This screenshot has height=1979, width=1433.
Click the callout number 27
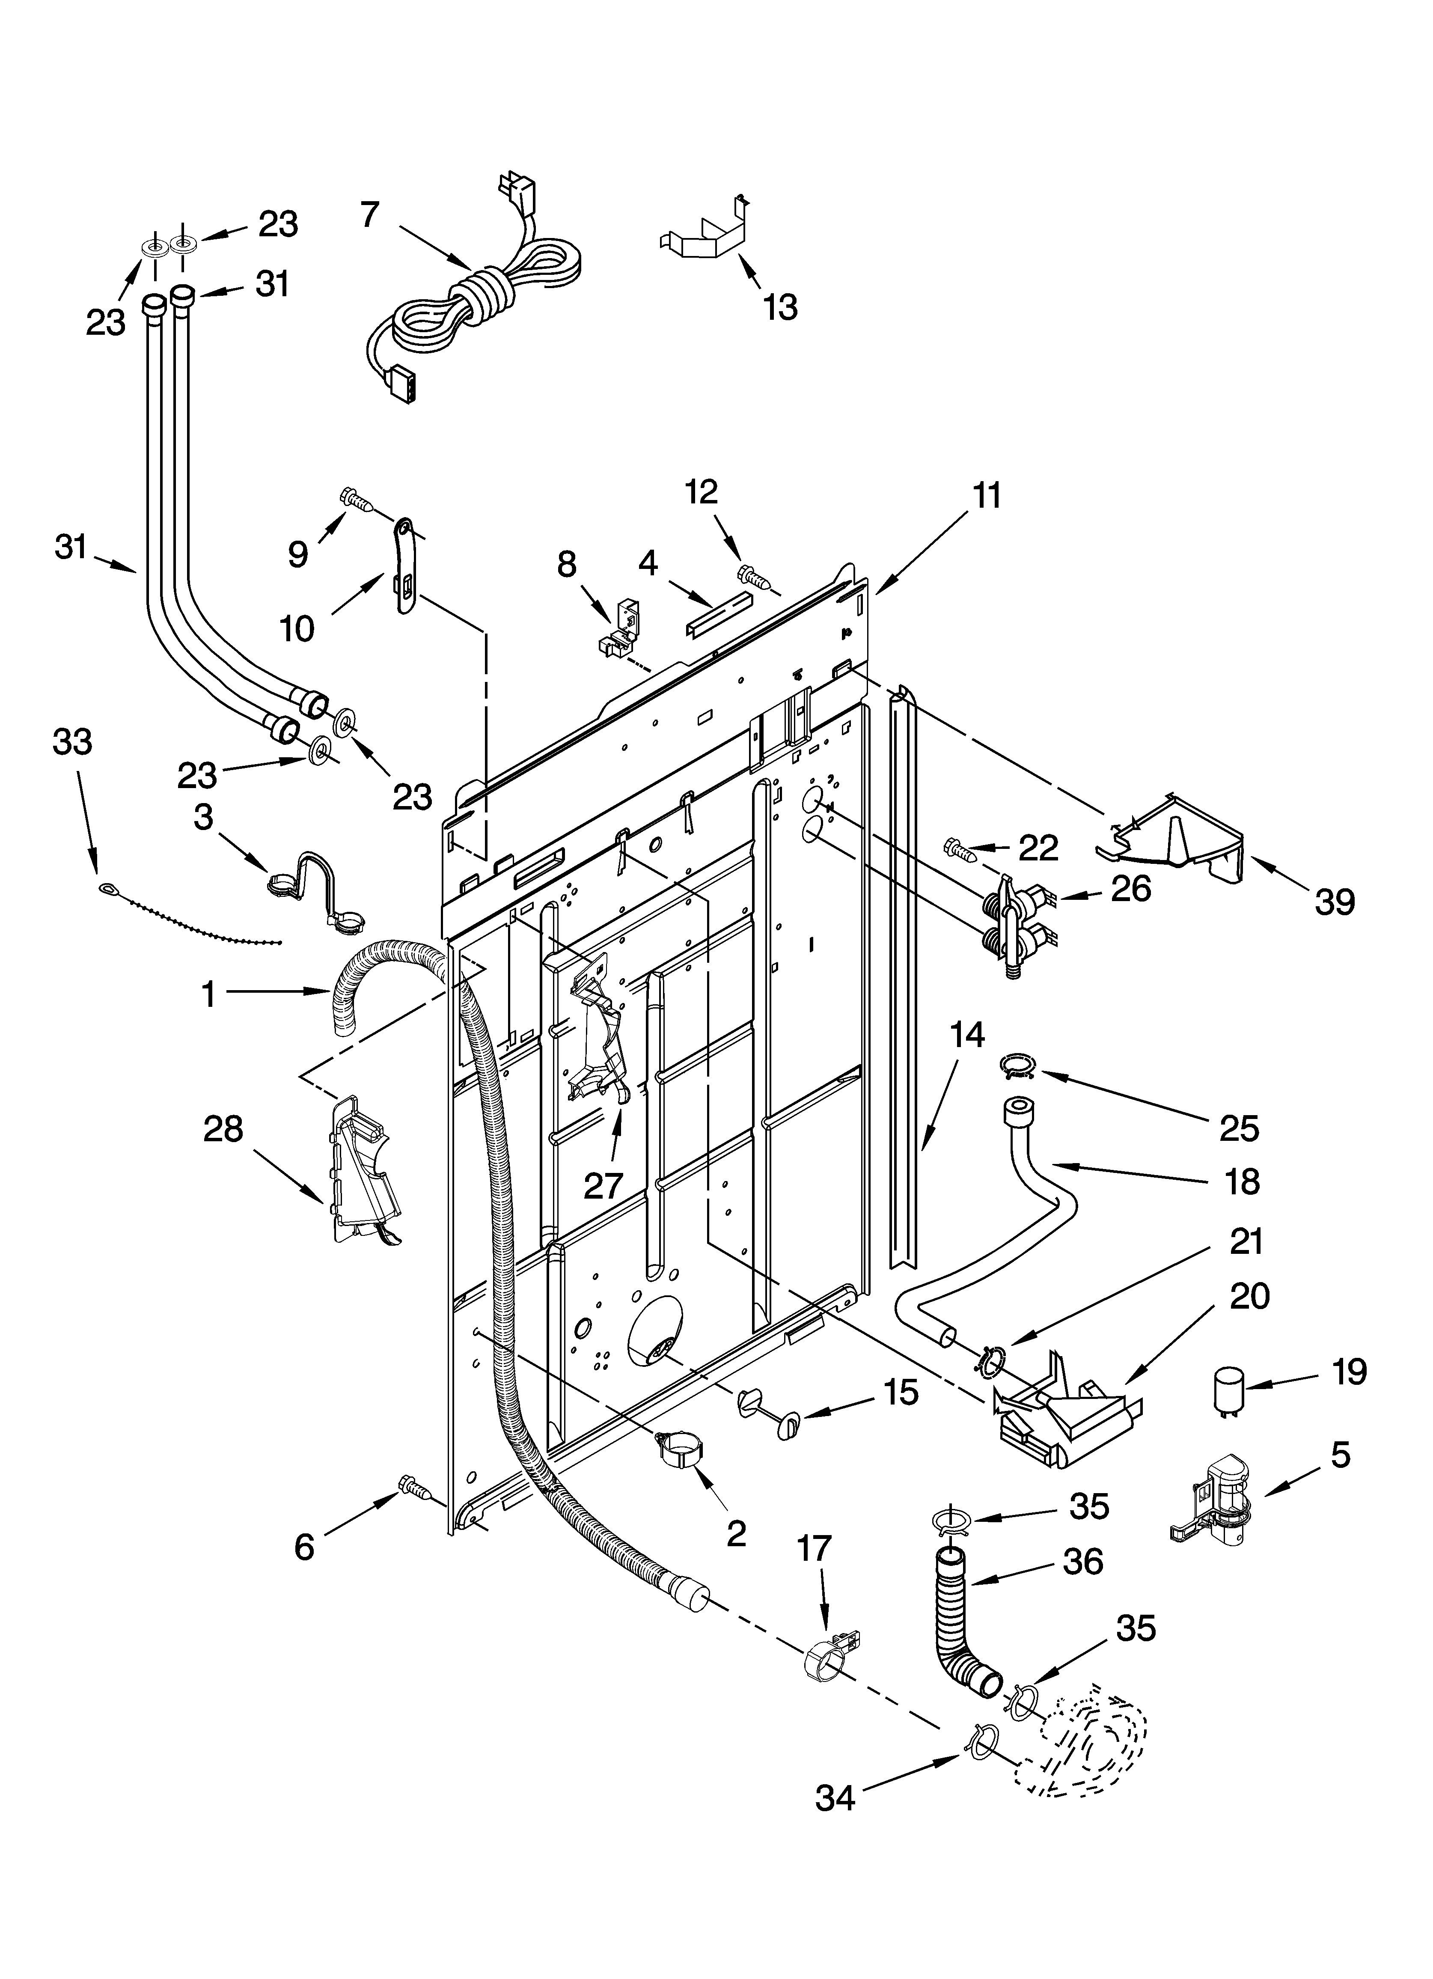603,1186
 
